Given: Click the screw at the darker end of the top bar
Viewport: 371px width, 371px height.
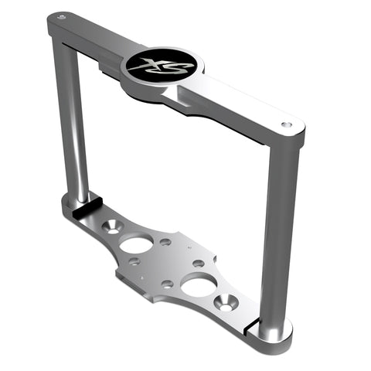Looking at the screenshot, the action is click(62, 17).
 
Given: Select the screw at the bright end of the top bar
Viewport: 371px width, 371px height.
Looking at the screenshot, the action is click(286, 124).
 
